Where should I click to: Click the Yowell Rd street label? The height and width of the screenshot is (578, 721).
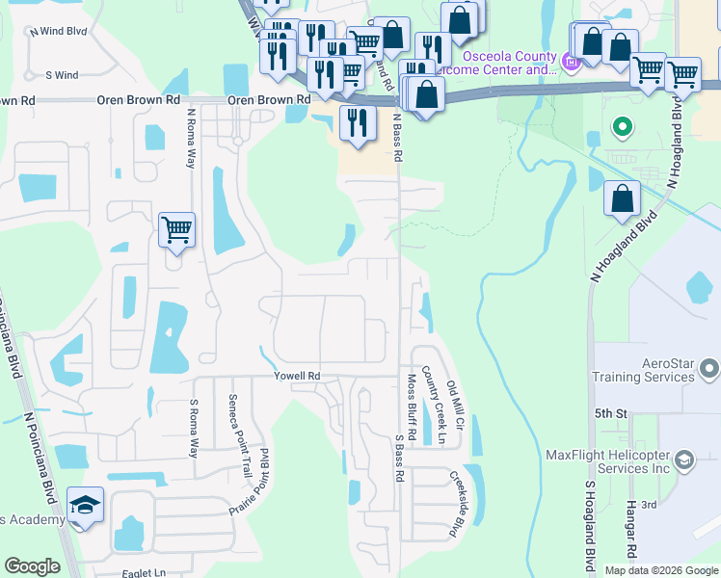[296, 376]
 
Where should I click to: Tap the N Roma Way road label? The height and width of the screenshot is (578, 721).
[191, 137]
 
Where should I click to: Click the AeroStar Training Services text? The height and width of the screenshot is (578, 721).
[654, 370]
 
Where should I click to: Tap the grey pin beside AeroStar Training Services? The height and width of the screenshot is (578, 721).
[710, 368]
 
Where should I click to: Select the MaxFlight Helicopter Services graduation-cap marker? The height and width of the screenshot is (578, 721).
[685, 460]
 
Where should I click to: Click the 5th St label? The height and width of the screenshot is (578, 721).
[610, 413]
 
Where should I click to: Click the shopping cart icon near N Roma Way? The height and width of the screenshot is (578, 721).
[176, 230]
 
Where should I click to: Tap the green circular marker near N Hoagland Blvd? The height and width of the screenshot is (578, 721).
[623, 126]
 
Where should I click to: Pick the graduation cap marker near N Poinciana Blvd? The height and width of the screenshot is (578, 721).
[85, 507]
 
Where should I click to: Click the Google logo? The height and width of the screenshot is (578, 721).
[33, 566]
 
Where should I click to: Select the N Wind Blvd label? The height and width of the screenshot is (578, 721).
[58, 31]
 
